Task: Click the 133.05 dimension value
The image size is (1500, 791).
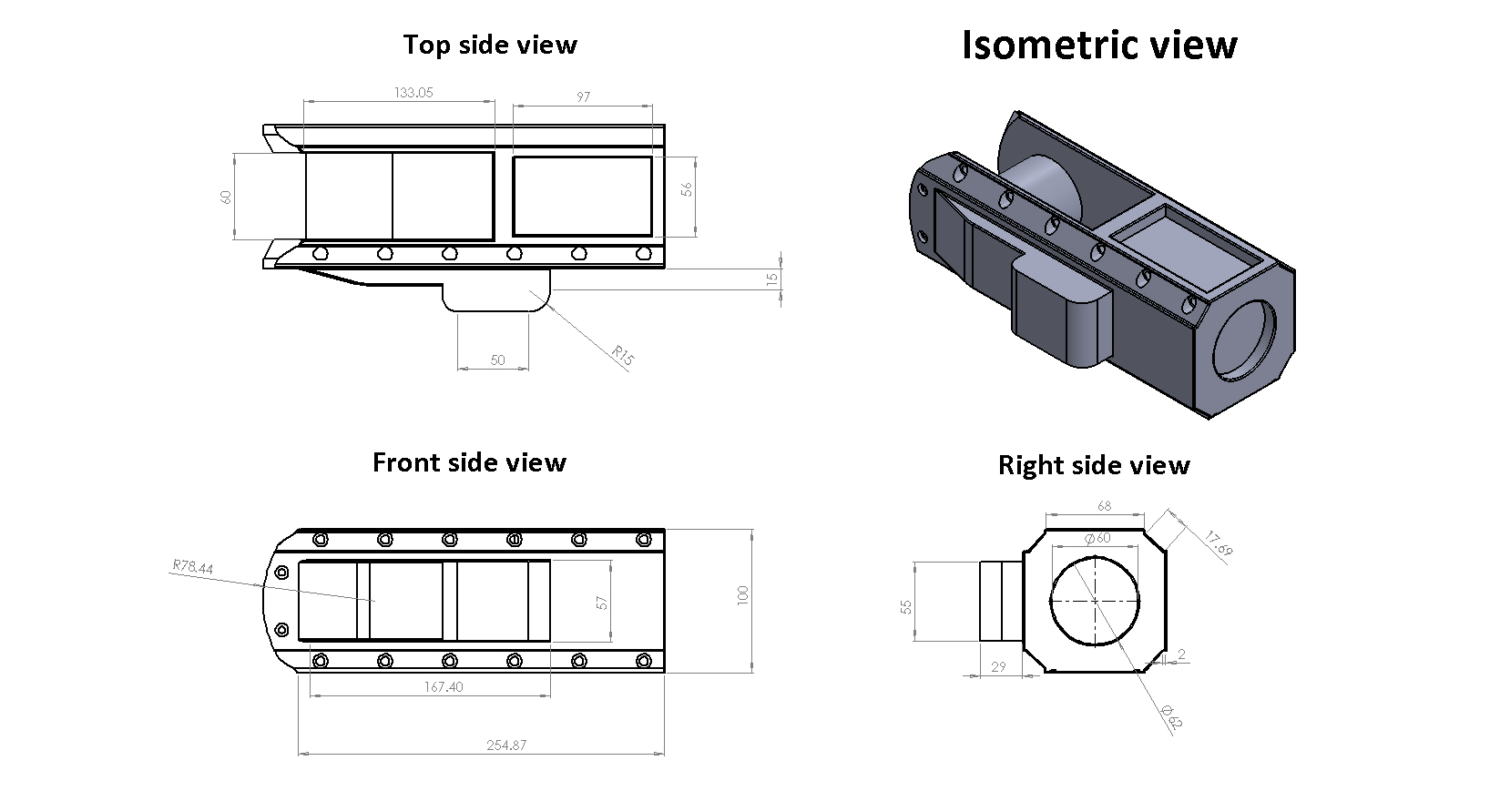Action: [x=413, y=92]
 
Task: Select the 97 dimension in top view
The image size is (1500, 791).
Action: [x=584, y=96]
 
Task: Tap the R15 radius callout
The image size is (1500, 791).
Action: [x=623, y=355]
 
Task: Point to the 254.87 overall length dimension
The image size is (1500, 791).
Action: [x=506, y=745]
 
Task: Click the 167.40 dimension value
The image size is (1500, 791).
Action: [x=444, y=687]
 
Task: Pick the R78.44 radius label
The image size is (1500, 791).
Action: [x=192, y=568]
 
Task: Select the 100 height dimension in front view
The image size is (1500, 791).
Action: [x=742, y=596]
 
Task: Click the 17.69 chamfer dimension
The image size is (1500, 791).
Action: [x=1218, y=543]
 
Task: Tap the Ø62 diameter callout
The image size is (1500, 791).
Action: [x=1171, y=717]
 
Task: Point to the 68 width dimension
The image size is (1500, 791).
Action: [x=1104, y=505]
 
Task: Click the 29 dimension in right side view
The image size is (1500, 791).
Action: [x=998, y=667]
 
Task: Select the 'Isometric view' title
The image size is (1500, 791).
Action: [x=1099, y=45]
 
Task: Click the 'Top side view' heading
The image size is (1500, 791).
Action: [x=490, y=45]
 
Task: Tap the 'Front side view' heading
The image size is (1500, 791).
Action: [x=469, y=462]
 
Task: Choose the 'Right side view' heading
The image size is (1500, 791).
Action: [x=1094, y=465]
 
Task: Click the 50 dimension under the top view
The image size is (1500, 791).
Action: [x=497, y=360]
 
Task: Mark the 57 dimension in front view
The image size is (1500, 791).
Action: [x=602, y=603]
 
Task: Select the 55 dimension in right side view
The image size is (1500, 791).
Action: [x=906, y=605]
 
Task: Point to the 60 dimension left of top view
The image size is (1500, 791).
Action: [x=227, y=197]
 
